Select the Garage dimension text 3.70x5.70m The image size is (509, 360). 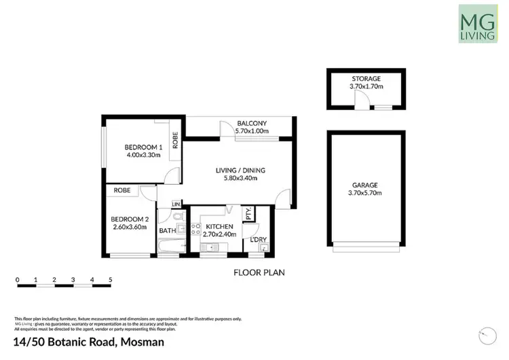pos(364,194)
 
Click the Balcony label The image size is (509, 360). pos(252,123)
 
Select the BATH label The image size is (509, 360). pos(167,231)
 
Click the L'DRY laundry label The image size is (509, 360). pos(258,238)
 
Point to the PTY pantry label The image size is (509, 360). pos(249,213)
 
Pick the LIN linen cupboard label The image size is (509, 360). pos(176,204)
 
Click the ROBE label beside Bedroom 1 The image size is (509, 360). pos(175,141)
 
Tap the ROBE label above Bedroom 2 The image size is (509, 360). pos(122,190)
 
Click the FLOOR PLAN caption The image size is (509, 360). pos(259,273)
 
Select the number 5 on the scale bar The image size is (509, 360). pos(110,279)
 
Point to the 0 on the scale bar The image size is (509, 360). pos(17,279)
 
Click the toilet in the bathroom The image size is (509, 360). pos(177,217)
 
